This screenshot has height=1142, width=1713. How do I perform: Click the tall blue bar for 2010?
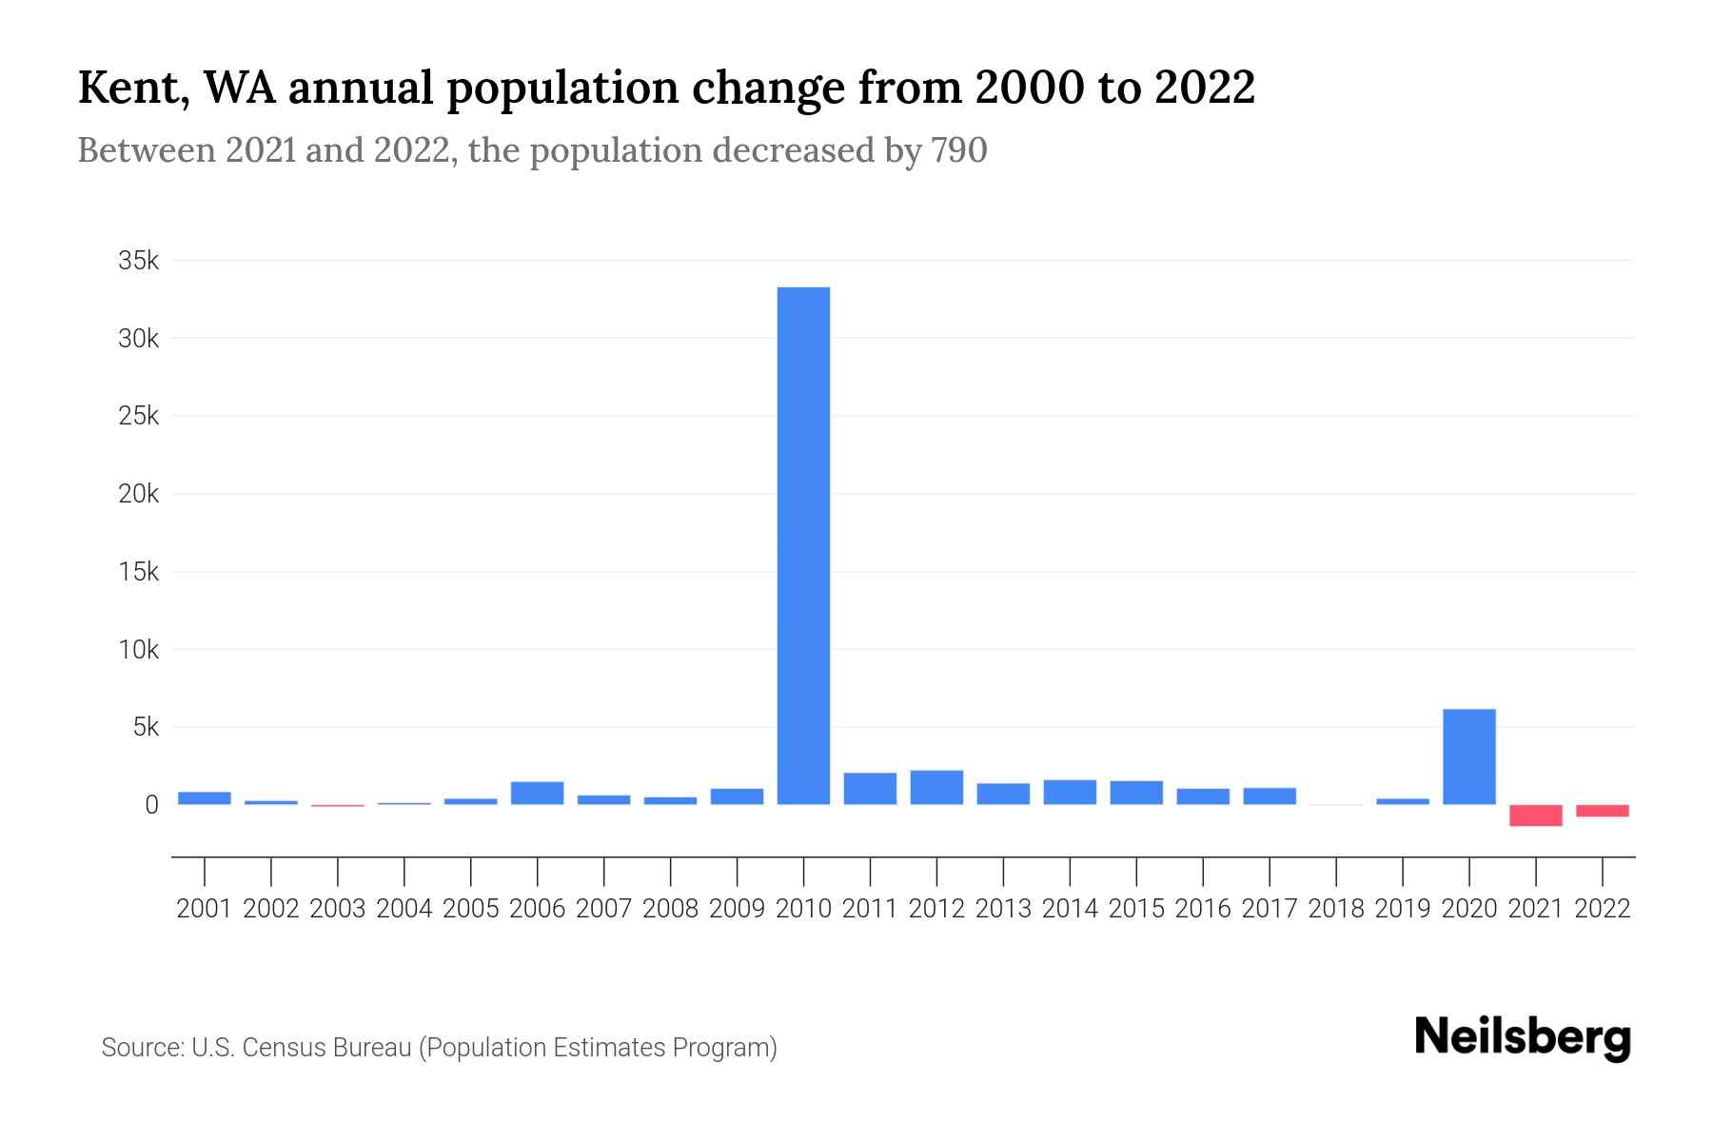coord(803,545)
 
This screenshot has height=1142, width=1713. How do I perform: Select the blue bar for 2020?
coord(1468,757)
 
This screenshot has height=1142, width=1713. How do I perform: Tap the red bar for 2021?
coord(1535,816)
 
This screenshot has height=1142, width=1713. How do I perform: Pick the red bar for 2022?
coord(1602,811)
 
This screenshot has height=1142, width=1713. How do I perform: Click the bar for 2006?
coord(537,794)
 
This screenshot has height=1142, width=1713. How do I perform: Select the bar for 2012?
coord(936,788)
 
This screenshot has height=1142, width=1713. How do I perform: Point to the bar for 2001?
coord(205,798)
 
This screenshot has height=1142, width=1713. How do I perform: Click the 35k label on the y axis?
coord(138,261)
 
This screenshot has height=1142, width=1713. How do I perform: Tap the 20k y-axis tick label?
coord(138,494)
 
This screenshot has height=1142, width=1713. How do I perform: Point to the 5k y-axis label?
coord(146,728)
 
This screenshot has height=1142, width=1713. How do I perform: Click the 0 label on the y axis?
coord(151,805)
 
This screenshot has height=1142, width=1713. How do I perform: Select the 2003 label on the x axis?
coord(338,909)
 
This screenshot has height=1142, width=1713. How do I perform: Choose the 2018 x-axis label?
coord(1335,909)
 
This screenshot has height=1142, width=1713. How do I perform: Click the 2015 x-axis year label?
coord(1135,909)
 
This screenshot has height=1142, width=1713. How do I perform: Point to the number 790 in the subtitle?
coord(959,150)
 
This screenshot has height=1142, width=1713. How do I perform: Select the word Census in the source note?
coord(289,1048)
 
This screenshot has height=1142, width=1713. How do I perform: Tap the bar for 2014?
coord(1070,793)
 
